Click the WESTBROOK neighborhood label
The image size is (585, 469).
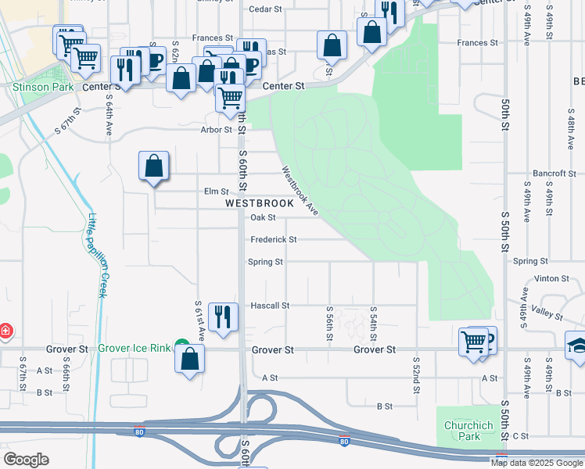pos(260,202)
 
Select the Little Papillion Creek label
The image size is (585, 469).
pos(97,255)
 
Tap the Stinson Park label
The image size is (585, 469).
pos(32,88)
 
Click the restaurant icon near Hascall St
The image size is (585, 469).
pos(223,317)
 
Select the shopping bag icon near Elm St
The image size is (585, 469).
pos(154,166)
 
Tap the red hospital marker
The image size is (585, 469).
pos(5,331)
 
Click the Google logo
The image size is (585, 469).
pos(26,460)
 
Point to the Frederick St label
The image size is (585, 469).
pos(273,240)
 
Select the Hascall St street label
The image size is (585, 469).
pos(270,306)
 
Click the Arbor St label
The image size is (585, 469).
pos(217,130)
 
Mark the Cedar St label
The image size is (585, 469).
pos(264,9)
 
